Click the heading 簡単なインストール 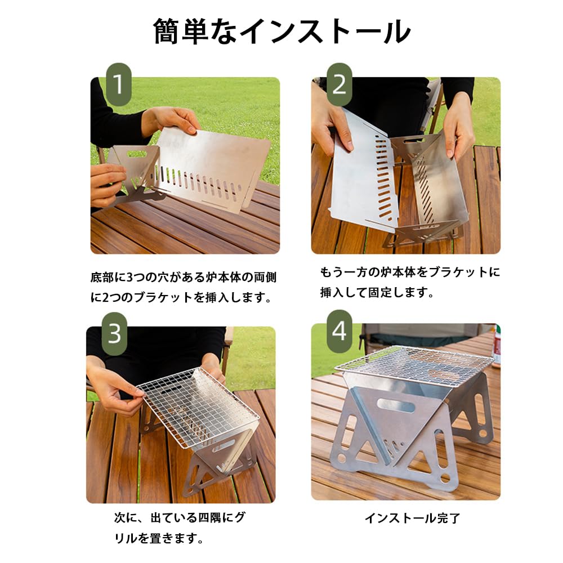[281, 32]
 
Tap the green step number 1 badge [118, 84]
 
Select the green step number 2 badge [339, 84]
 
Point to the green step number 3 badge [114, 334]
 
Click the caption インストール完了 [412, 518]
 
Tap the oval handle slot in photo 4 [395, 404]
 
